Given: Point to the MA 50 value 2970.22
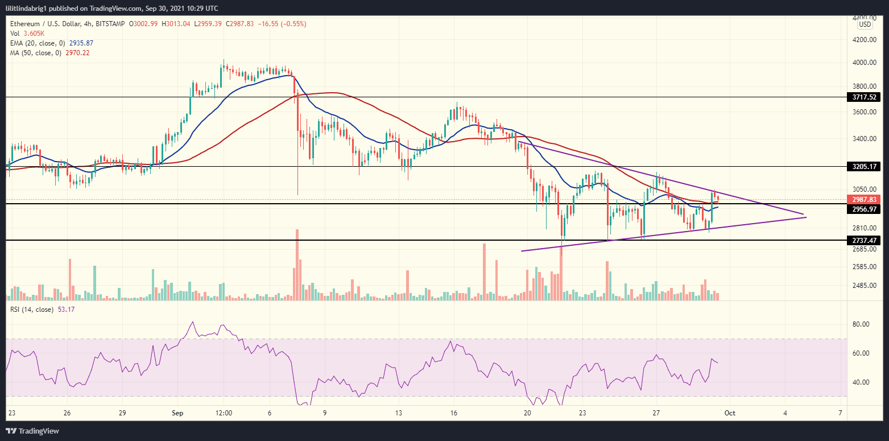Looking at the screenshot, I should point(78,53).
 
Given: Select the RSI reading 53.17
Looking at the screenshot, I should point(67,310).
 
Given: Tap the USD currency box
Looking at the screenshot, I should point(865,24).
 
